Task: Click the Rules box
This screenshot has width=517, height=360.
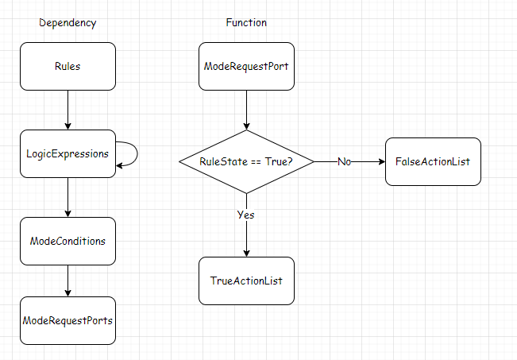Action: pyautogui.click(x=68, y=66)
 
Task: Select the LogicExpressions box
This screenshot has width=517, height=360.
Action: pyautogui.click(x=68, y=153)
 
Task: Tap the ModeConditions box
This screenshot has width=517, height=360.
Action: pyautogui.click(x=68, y=241)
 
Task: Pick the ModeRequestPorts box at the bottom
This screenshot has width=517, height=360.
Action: pyautogui.click(x=68, y=320)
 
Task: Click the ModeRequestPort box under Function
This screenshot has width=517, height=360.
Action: pyautogui.click(x=246, y=66)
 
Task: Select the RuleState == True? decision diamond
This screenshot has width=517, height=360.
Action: pyautogui.click(x=246, y=161)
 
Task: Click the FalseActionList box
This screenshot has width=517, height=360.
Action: pyautogui.click(x=433, y=161)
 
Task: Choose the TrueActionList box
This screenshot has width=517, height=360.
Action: pyautogui.click(x=246, y=281)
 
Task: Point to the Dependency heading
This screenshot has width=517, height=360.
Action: pyautogui.click(x=68, y=23)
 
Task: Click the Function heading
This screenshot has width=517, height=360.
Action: pyautogui.click(x=246, y=23)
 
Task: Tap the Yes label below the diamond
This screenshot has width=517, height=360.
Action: pyautogui.click(x=245, y=215)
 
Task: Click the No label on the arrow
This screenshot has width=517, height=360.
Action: pyautogui.click(x=345, y=161)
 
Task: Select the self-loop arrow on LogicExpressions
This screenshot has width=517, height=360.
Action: pyautogui.click(x=134, y=154)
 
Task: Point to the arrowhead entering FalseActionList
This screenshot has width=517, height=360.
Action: pyautogui.click(x=380, y=161)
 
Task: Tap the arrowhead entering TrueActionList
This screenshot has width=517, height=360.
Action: pyautogui.click(x=246, y=252)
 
